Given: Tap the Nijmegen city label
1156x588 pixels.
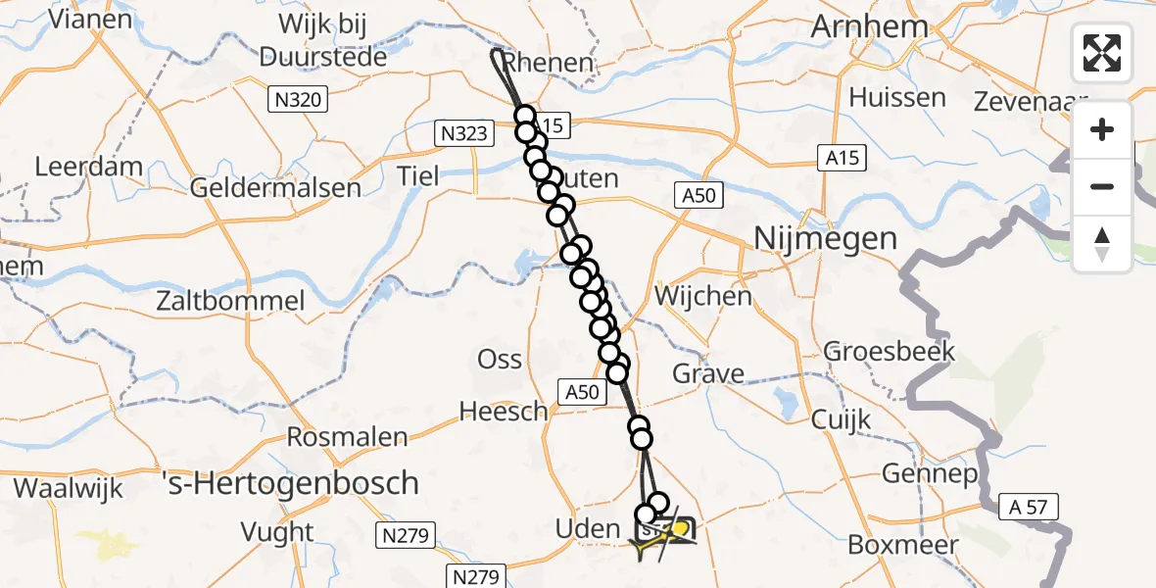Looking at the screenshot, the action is click(x=811, y=238).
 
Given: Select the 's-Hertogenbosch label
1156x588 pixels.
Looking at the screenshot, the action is click(x=290, y=483).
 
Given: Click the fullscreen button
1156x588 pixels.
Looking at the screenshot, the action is click(x=1102, y=53).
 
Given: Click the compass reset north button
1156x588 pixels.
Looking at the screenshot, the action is click(x=1102, y=244).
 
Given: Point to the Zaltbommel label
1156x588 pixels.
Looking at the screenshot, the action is click(x=231, y=301).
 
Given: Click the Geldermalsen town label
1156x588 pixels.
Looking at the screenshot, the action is click(x=276, y=186).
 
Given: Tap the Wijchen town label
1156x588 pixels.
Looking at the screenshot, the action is click(x=703, y=295).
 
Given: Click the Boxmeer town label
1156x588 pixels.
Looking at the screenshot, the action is click(x=895, y=545).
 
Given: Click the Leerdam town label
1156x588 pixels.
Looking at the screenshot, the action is click(x=88, y=167).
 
